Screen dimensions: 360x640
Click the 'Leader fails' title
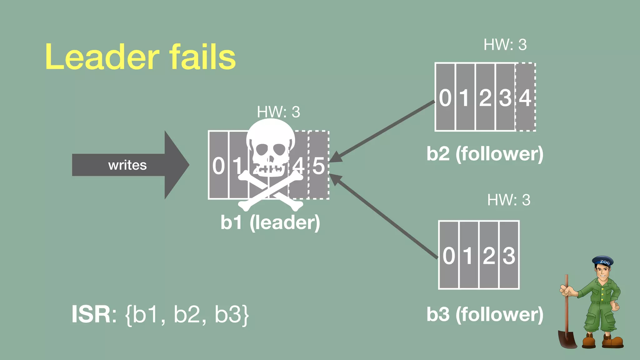[140, 57]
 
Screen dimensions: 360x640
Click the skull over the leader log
[271, 147]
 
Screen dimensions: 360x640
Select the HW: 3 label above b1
[278, 112]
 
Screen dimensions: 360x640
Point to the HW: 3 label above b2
[505, 45]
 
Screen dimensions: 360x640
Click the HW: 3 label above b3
[509, 200]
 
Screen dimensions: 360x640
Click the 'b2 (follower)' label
[485, 154]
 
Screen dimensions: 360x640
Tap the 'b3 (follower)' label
[485, 314]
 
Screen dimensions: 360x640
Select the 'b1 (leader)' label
[270, 222]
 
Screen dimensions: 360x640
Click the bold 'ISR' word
[91, 314]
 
